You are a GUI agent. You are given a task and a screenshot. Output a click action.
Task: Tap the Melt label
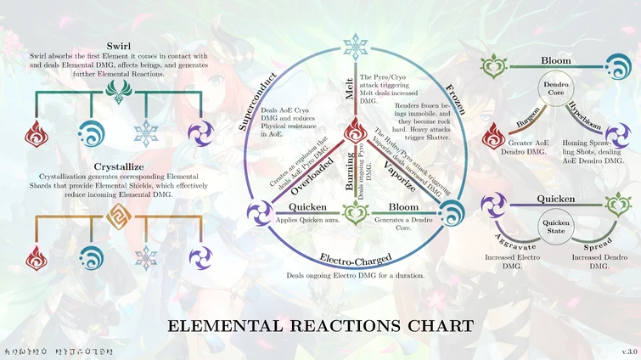pos(350,89)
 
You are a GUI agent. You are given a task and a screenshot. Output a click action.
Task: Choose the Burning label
pos(350,172)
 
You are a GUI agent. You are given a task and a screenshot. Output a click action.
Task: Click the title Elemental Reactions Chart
pos(320,325)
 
